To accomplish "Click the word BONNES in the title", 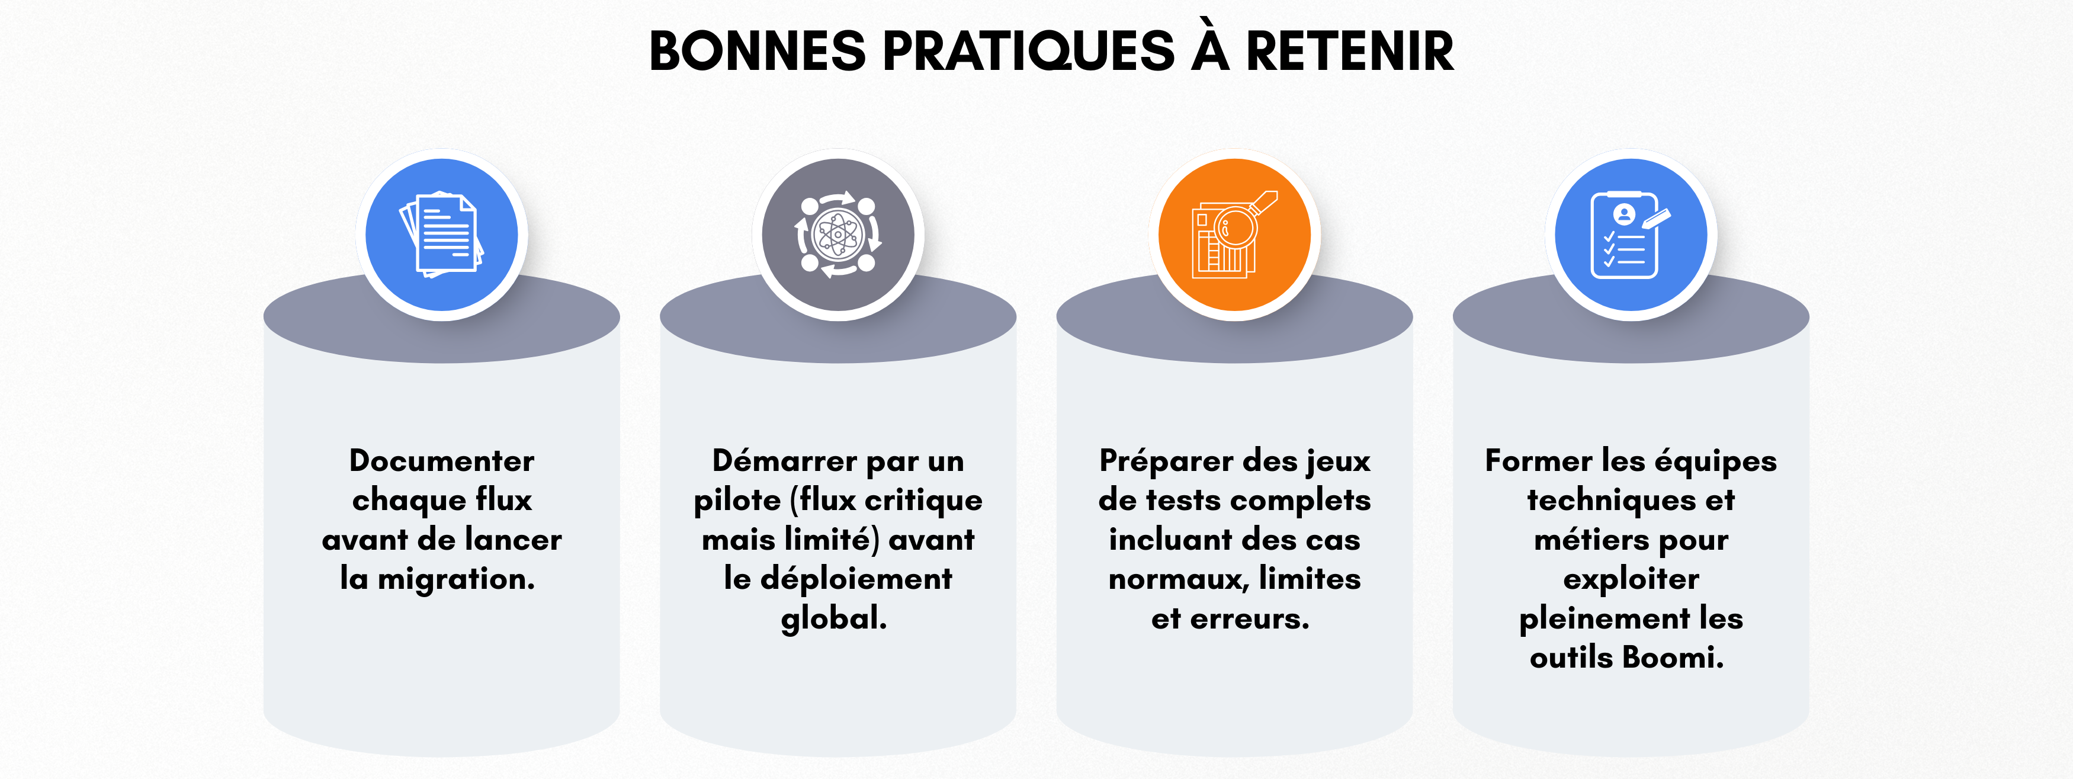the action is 756,52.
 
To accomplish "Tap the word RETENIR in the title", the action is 1350,52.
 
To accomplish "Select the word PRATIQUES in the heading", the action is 1028,52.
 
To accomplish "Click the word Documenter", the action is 442,461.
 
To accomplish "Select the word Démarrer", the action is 785,461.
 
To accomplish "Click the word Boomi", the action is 1672,658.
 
